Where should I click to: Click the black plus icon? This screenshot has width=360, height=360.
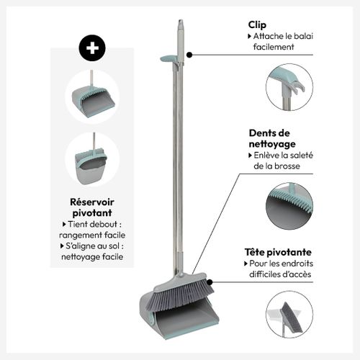(x=91, y=48)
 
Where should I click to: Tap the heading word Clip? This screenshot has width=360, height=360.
(x=257, y=24)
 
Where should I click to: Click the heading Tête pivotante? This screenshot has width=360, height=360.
(x=277, y=253)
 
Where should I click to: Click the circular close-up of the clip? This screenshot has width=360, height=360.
(x=289, y=87)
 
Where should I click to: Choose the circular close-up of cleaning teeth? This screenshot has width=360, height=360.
(x=289, y=205)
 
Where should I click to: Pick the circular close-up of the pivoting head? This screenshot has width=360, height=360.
(x=289, y=315)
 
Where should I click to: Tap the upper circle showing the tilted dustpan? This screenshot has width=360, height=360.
(x=91, y=96)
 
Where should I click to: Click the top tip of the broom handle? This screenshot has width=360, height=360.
(x=181, y=22)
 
